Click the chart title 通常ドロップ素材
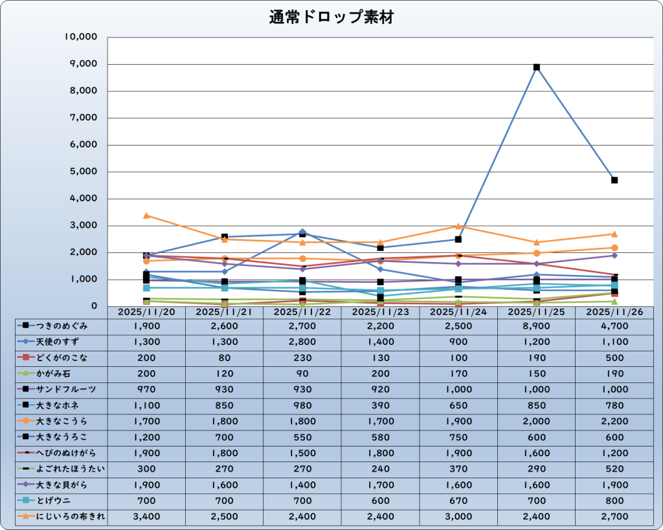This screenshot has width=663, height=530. coord(331,17)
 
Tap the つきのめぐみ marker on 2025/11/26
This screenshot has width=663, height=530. coord(614,180)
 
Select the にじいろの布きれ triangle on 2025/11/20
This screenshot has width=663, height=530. coord(146,215)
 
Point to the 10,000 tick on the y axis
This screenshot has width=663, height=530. coord(81,37)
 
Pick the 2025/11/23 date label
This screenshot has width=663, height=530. coord(381,312)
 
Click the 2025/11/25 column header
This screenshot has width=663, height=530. coord(536,312)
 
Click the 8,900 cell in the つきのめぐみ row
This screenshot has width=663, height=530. coord(536,326)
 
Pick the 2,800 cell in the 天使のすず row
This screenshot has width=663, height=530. coord(302,341)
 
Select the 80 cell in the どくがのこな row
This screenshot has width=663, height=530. coord(225,357)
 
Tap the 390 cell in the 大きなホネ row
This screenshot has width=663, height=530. coord(381,405)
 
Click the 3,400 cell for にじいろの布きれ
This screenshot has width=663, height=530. coord(147,516)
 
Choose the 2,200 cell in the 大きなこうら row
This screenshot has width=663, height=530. coord(614,421)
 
